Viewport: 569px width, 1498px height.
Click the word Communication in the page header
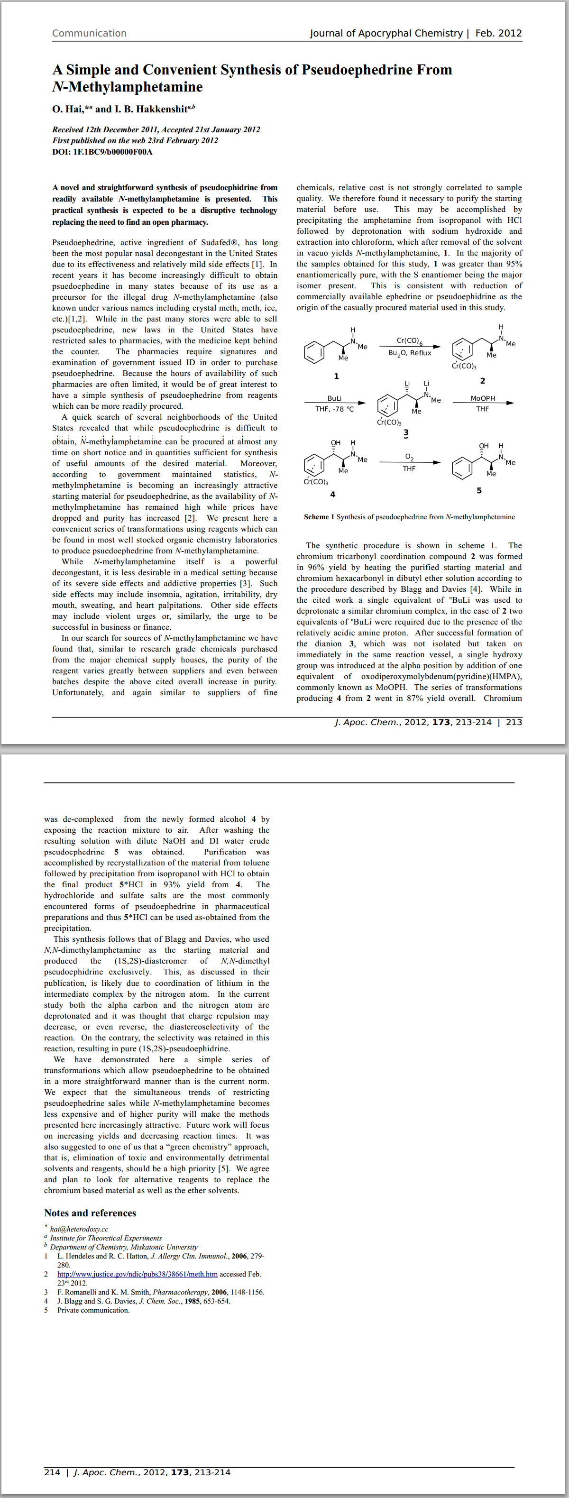[x=89, y=33]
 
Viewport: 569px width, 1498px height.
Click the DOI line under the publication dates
[x=102, y=152]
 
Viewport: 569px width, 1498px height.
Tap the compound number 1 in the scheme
[x=336, y=376]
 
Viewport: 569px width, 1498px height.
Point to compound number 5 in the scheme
[x=479, y=490]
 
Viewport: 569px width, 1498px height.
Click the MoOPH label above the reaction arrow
[x=482, y=398]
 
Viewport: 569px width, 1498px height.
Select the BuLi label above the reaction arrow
[x=334, y=398]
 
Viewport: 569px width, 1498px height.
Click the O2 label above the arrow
[x=409, y=457]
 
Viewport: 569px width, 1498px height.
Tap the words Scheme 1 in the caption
[x=319, y=516]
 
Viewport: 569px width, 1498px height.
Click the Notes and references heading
[x=90, y=1213]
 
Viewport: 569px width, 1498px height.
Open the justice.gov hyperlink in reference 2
[x=137, y=1274]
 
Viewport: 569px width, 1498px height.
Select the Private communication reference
[x=93, y=1310]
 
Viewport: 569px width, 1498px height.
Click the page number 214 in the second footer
[x=52, y=1472]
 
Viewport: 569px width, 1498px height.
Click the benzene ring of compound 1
[x=314, y=352]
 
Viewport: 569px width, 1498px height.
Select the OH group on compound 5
[x=484, y=446]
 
